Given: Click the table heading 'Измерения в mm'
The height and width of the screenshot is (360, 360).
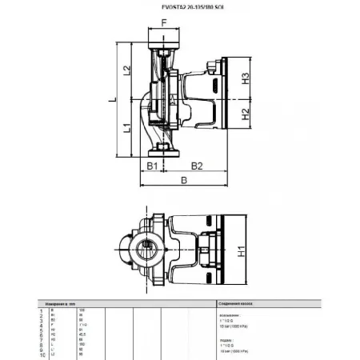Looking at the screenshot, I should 74,304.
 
